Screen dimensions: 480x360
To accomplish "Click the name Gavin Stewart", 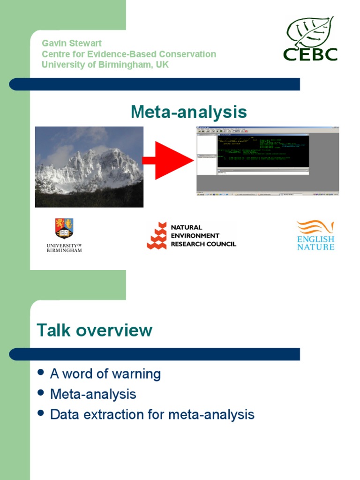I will pos(72,43).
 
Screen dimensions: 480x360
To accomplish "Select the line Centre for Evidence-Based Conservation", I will pos(129,54).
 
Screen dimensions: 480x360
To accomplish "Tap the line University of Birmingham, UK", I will pos(105,65).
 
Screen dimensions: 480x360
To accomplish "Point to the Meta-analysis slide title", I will pos(188,112).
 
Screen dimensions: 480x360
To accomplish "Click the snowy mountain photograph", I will pos(89,166).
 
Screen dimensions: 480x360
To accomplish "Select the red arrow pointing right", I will pos(168,160).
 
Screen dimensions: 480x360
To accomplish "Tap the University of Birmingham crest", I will pos(64,228).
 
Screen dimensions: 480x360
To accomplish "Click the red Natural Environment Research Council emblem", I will pos(157,236).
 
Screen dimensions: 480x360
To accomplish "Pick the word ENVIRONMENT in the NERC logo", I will pos(195,236).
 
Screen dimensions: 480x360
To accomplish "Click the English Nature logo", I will pos(315,235).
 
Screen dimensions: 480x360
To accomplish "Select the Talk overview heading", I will pos(95,330).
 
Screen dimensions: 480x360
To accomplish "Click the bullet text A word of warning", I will pos(105,374).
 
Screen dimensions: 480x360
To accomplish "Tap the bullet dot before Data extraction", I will pos(41,413).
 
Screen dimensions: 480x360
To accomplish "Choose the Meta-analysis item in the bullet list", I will pos(93,394).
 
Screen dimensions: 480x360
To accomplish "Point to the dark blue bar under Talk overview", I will pos(155,354).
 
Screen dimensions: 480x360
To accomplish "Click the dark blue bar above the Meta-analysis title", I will pos(155,84).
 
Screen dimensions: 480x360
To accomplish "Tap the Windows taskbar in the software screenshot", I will pos(267,194).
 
